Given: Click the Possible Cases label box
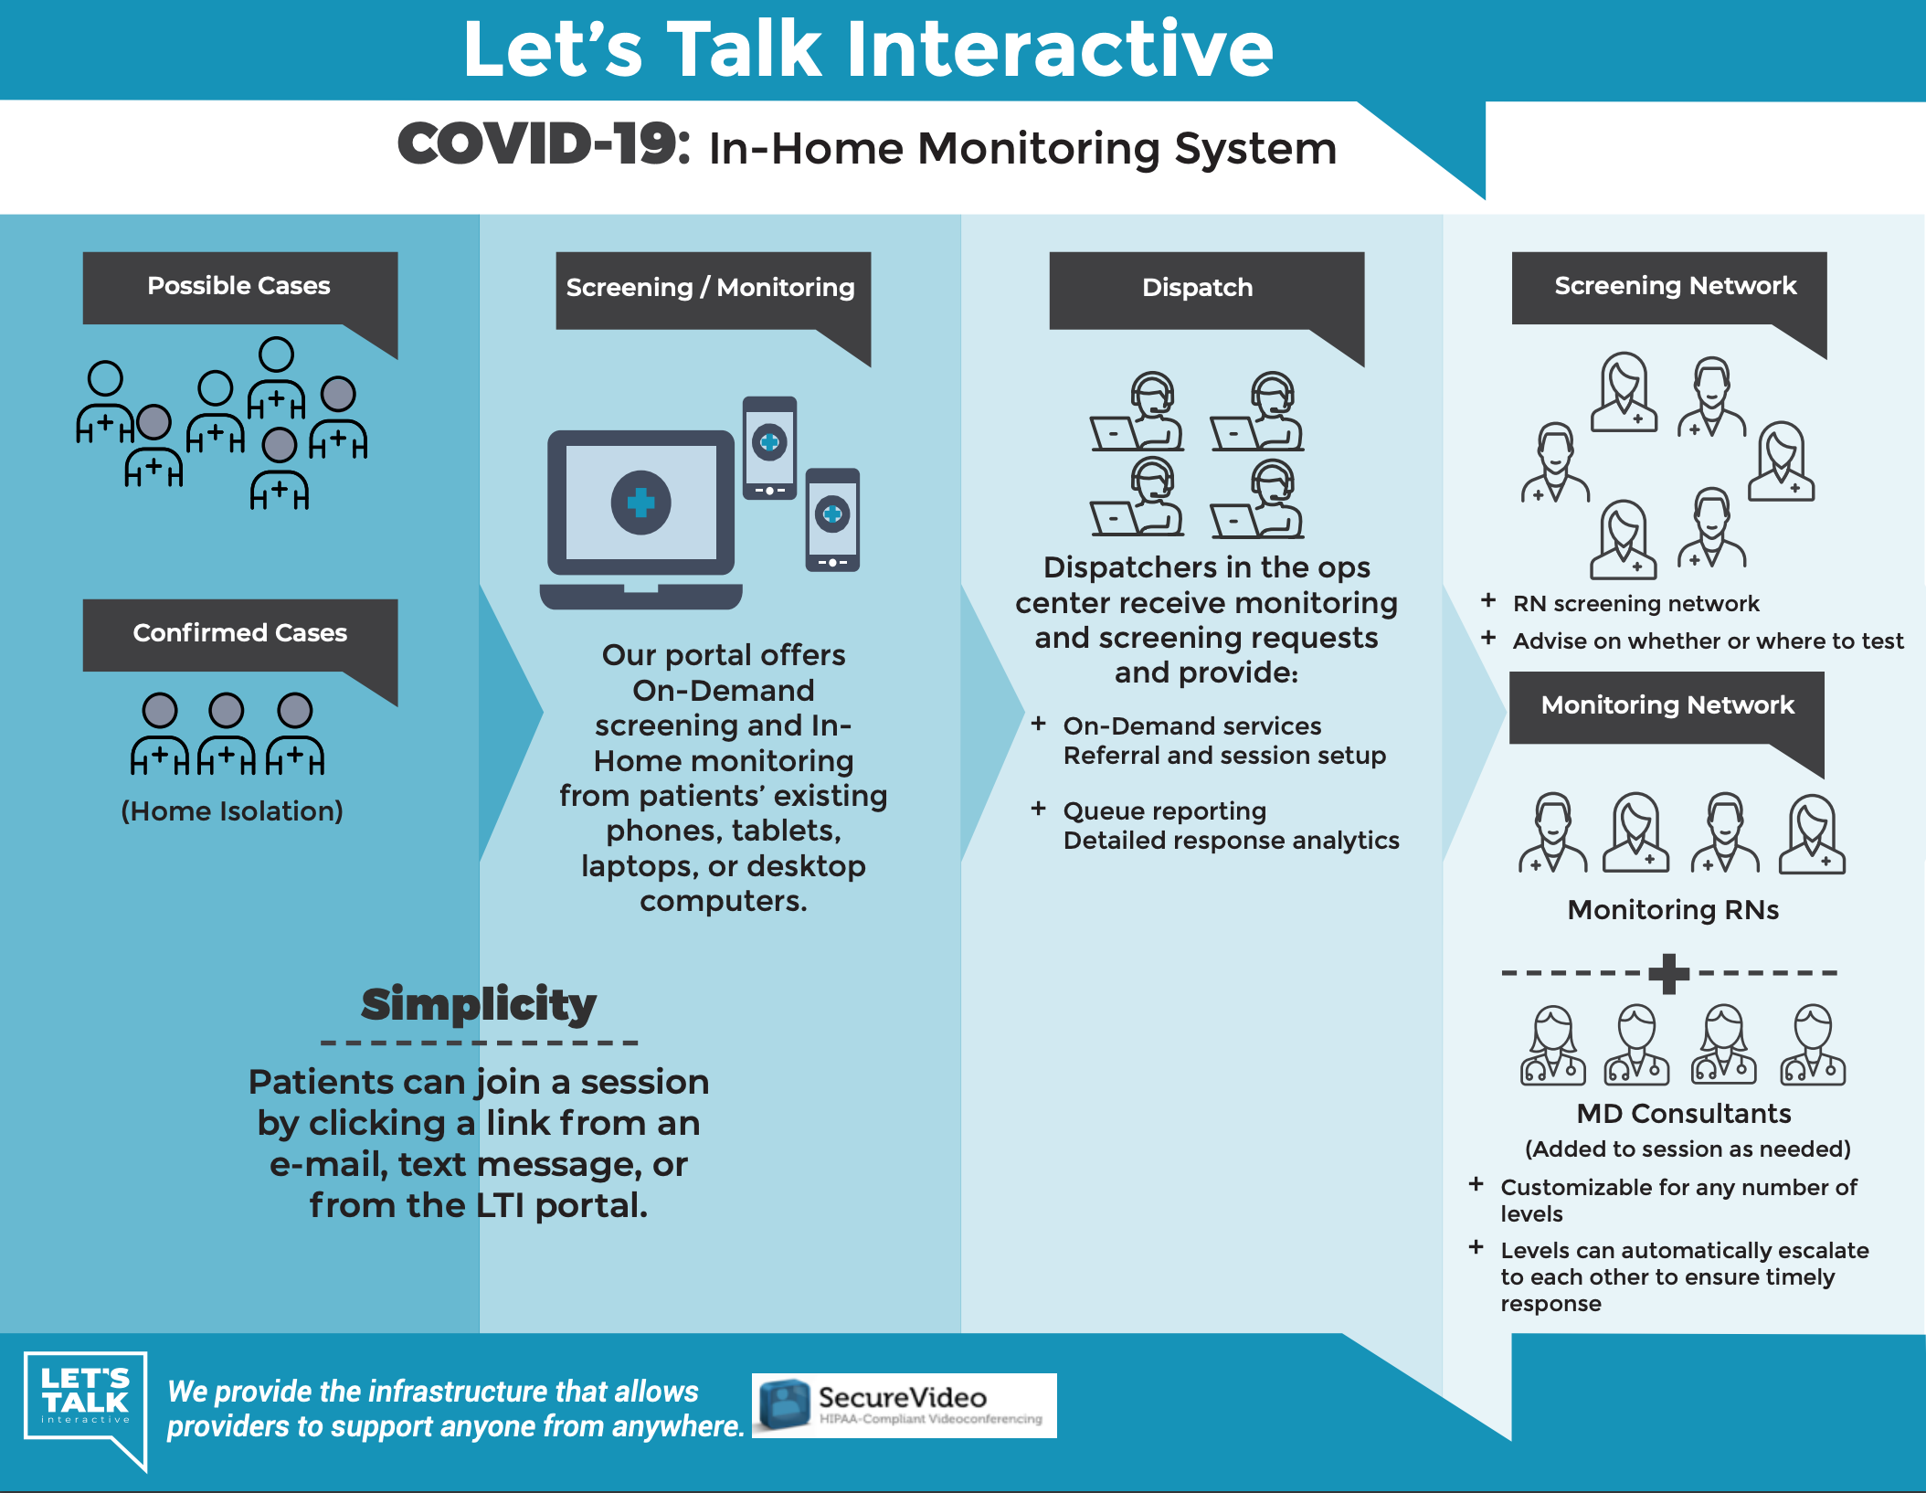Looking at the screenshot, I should (x=239, y=287).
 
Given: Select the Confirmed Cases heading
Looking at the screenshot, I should (x=239, y=633).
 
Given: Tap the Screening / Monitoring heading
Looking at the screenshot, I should (x=711, y=288).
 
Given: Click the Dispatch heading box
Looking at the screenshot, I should (x=1197, y=288).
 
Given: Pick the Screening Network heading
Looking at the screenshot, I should (x=1675, y=286).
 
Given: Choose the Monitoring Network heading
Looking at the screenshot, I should (x=1667, y=705).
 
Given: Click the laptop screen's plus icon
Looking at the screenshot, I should (x=641, y=502).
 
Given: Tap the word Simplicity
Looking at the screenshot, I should (x=479, y=1004).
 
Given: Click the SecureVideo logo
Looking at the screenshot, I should (x=904, y=1405).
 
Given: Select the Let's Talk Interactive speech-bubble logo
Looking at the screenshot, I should (x=86, y=1402).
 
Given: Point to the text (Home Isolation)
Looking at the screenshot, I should (x=232, y=811).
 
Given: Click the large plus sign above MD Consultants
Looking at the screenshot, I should (x=1668, y=973).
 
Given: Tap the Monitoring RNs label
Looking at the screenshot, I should (x=1673, y=910).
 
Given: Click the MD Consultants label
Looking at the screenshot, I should (x=1683, y=1114).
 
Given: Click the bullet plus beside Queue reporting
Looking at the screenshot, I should (x=1038, y=809).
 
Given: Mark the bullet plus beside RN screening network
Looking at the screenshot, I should (x=1488, y=600).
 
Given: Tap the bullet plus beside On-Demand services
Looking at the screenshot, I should (x=1038, y=724).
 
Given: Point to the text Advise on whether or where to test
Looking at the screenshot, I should (x=1708, y=641).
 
